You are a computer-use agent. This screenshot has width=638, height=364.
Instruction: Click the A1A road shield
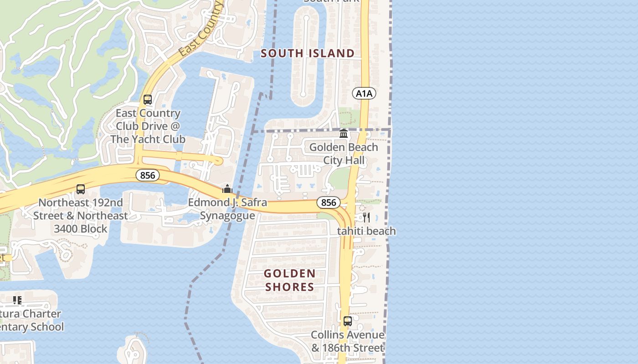364,94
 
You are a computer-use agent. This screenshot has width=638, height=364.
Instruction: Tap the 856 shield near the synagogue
147,175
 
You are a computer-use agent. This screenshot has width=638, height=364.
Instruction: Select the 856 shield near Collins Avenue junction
329,202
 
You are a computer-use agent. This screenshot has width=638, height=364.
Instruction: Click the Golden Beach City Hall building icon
344,133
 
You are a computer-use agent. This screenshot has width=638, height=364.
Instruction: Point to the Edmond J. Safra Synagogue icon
227,189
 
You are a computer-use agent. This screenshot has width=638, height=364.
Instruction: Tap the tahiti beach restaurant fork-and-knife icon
366,217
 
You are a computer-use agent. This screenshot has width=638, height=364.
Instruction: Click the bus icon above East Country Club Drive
147,100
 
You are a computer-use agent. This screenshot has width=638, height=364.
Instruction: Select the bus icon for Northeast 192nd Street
81,189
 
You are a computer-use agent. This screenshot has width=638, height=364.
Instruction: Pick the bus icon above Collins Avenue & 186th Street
347,321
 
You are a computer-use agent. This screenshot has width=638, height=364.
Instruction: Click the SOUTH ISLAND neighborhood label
308,54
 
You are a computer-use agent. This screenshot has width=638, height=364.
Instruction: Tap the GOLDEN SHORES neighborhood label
290,280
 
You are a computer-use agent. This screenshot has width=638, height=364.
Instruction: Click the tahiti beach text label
366,231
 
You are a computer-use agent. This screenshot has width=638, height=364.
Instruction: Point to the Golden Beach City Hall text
344,154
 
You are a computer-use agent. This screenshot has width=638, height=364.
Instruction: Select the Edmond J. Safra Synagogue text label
227,209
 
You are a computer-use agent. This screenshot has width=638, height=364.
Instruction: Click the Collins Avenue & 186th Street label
347,341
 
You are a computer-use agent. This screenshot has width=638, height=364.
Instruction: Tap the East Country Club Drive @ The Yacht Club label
148,126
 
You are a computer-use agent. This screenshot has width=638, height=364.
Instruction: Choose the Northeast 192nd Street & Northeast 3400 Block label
80,215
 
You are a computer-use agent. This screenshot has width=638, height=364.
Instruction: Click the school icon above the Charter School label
17,300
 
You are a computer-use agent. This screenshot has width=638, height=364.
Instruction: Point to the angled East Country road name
201,30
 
